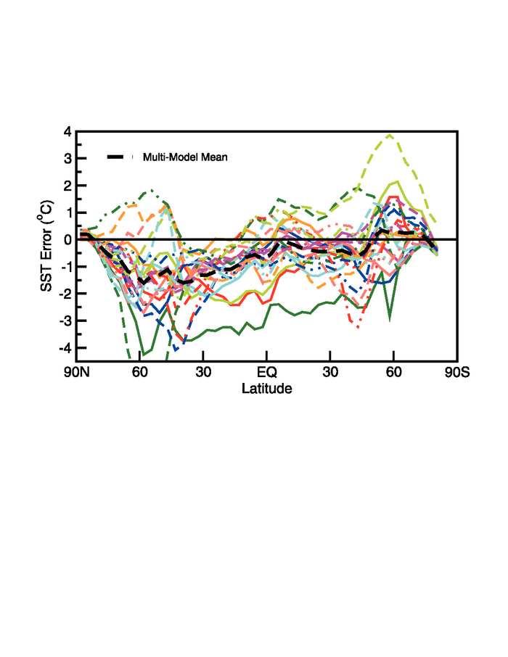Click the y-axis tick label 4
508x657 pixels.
coord(67,132)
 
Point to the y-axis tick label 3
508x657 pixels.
coord(67,159)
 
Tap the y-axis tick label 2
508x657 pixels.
coord(67,186)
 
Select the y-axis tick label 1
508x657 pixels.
coord(67,213)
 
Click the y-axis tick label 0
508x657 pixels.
coord(67,240)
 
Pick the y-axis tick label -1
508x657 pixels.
coord(65,267)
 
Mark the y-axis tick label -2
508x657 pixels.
coord(65,294)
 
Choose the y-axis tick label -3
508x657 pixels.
coord(65,321)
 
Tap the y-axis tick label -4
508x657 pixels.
coord(65,348)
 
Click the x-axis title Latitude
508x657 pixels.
coord(266,389)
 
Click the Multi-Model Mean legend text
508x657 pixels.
coord(185,157)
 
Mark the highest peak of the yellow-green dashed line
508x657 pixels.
coord(390,135)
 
